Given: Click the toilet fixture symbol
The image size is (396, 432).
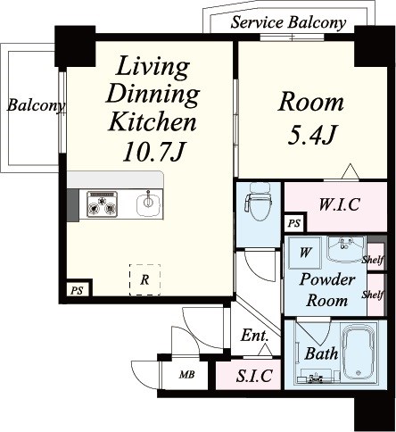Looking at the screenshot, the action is [258, 202].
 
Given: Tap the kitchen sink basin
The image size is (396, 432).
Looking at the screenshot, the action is [149, 204].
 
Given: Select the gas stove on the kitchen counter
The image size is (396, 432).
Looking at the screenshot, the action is [102, 204].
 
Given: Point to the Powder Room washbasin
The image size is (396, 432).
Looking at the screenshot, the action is [346, 249].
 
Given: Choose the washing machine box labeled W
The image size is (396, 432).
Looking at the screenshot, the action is [305, 253].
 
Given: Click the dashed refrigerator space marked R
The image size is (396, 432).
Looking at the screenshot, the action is [144, 279].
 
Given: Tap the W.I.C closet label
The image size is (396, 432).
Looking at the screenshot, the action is [339, 204].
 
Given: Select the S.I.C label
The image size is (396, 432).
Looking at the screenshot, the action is [254, 376].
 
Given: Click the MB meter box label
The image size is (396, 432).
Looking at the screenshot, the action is [186, 374].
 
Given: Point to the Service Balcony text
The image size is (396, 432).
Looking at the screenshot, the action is [288, 22].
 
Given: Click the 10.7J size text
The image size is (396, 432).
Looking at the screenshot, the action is [154, 152].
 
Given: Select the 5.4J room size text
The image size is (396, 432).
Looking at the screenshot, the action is [312, 135].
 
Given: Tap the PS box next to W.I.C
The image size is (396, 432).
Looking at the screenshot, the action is [294, 223].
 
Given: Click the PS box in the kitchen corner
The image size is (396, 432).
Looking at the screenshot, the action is [77, 290].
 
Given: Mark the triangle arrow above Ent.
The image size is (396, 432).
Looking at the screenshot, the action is [265, 350].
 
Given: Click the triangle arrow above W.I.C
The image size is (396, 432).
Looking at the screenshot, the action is [350, 171].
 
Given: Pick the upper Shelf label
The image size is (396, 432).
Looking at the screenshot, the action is [373, 260].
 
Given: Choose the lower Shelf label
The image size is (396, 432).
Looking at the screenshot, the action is [373, 295].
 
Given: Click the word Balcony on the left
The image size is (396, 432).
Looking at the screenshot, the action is [37, 105].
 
